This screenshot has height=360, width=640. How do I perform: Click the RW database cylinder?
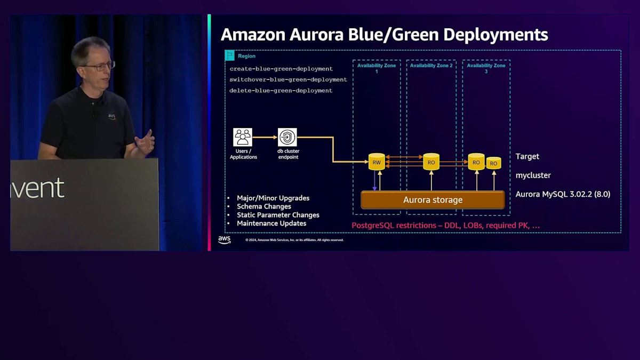pos(377,162)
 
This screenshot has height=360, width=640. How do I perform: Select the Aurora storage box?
pos(433,200)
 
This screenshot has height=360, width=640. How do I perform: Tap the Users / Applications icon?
pos(243,137)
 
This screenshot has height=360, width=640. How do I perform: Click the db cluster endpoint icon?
pos(287,137)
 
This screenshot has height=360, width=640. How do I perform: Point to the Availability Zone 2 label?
pos(431,66)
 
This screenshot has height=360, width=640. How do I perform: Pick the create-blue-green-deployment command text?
pos(281,69)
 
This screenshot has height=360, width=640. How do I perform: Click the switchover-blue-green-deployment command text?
pos(288,79)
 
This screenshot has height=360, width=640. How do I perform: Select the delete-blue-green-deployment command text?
pos(281,91)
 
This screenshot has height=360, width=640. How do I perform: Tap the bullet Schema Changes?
pos(264,206)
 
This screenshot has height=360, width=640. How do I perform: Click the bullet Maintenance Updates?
pos(271,223)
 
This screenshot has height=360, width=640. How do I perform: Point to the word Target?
pos(527,156)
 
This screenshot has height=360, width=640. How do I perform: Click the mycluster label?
pos(533,175)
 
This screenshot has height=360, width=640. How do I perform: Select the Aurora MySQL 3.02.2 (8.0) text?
pos(563,194)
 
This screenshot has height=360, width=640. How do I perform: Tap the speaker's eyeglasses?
pos(99,67)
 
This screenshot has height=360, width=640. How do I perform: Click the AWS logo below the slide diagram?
pos(225,240)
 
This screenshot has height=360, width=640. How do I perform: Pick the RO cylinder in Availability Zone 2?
pos(431,162)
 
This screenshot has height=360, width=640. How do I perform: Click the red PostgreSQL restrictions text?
pos(445,226)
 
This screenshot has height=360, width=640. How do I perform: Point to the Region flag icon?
pos(230,55)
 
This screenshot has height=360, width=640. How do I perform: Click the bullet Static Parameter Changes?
pos(278,215)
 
